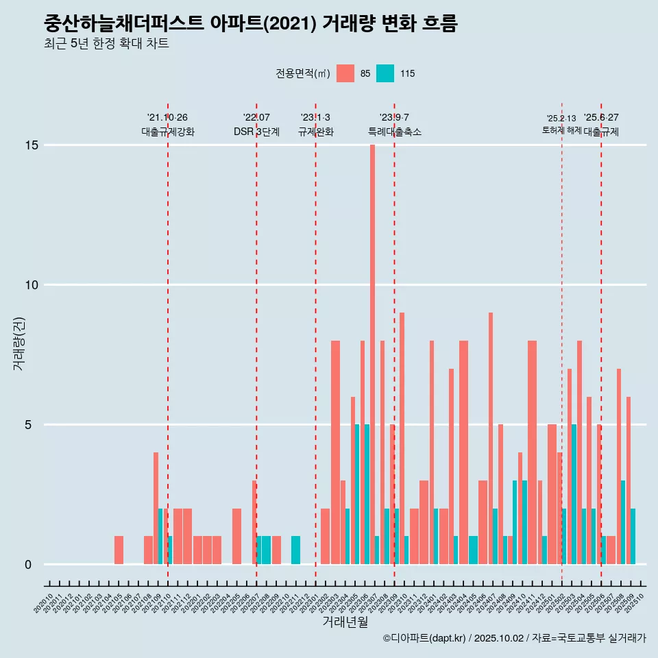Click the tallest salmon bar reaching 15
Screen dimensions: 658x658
pos(372,343)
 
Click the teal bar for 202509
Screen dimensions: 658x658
pos(633,536)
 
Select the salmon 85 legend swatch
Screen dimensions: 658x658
pos(346,73)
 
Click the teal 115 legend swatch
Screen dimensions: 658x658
pos(385,73)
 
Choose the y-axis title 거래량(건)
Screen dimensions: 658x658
pos(19,343)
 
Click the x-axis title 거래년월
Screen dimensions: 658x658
pos(345,622)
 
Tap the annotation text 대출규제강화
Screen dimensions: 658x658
pos(168,132)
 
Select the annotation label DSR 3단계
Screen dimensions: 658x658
pos(256,132)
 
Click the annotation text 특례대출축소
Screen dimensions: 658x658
pos(394,132)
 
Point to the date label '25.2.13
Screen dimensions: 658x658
pos(561,119)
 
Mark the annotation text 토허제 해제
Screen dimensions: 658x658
pos(561,130)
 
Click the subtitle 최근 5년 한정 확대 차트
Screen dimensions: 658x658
pos(106,44)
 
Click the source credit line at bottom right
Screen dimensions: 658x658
pos(514,638)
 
